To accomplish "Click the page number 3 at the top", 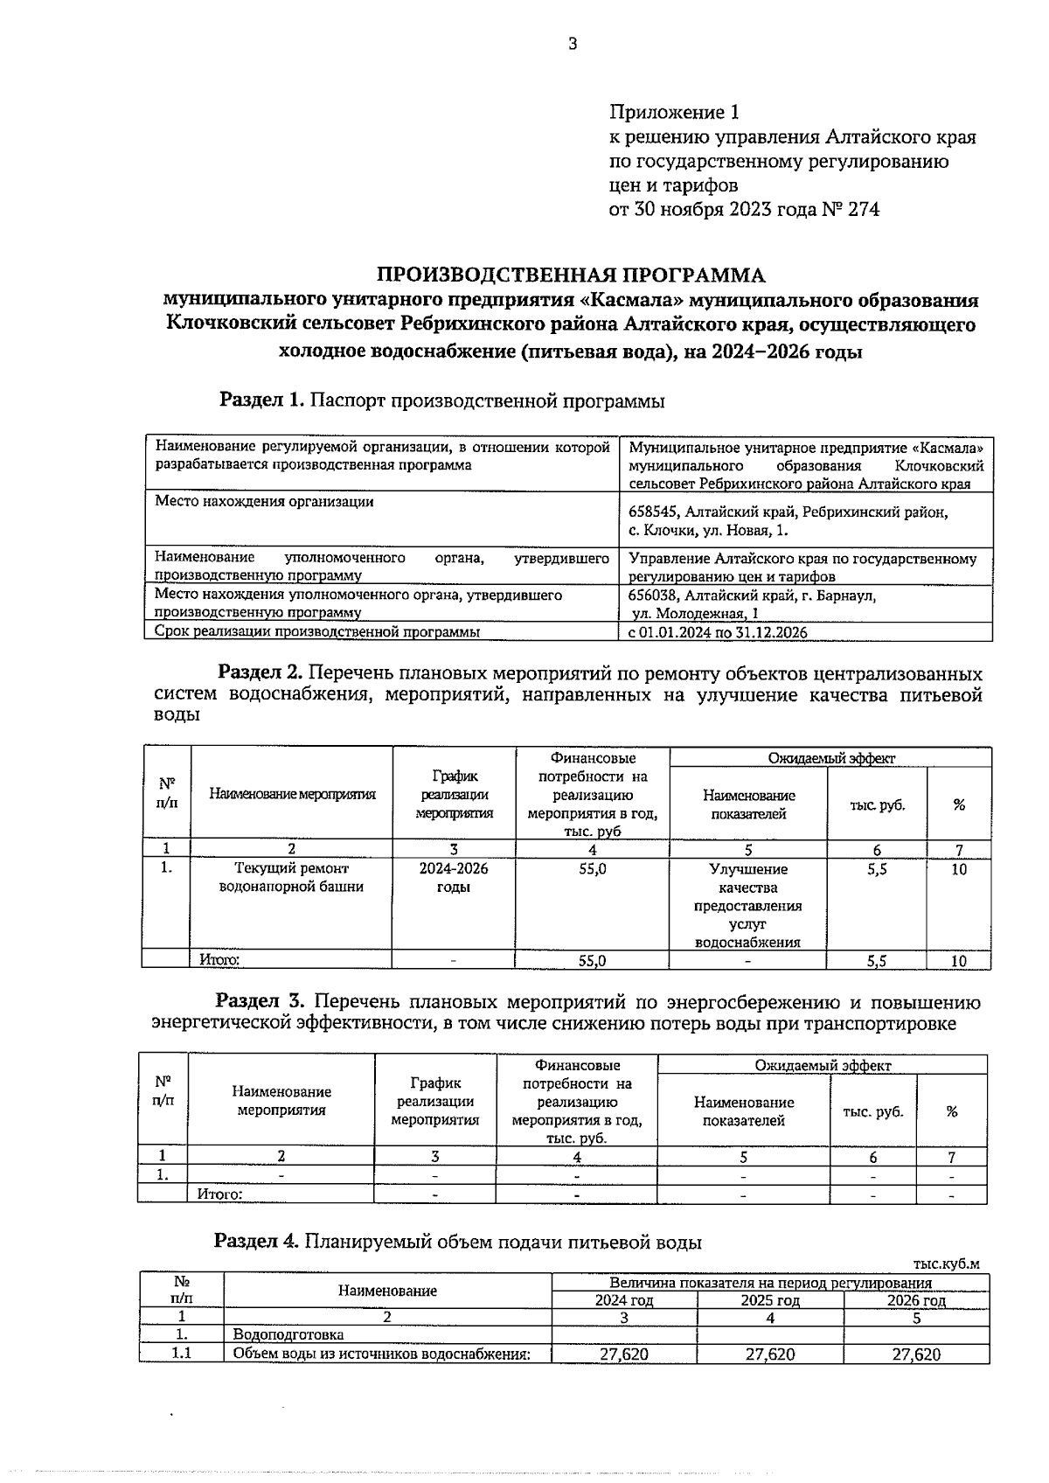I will pos(573,45).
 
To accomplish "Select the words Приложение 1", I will pos(674,113).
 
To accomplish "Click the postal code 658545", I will pos(655,512).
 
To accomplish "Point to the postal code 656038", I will pos(655,595).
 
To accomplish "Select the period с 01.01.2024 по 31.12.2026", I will pos(718,632).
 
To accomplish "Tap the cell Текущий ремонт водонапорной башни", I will pos(291,878).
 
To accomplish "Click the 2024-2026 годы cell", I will pos(453,878).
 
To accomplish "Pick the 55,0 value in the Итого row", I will pos(592,960).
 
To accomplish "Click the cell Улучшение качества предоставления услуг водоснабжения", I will pos(747,905).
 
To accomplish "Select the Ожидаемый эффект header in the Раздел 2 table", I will pos(830,758).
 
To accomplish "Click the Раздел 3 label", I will pos(260,1001).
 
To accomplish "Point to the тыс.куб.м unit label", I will pos(946,1264).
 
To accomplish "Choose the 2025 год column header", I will pos(770,1300).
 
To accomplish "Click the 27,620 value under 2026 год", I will pos(916,1354).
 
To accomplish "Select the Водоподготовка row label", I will pos(288,1335).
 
